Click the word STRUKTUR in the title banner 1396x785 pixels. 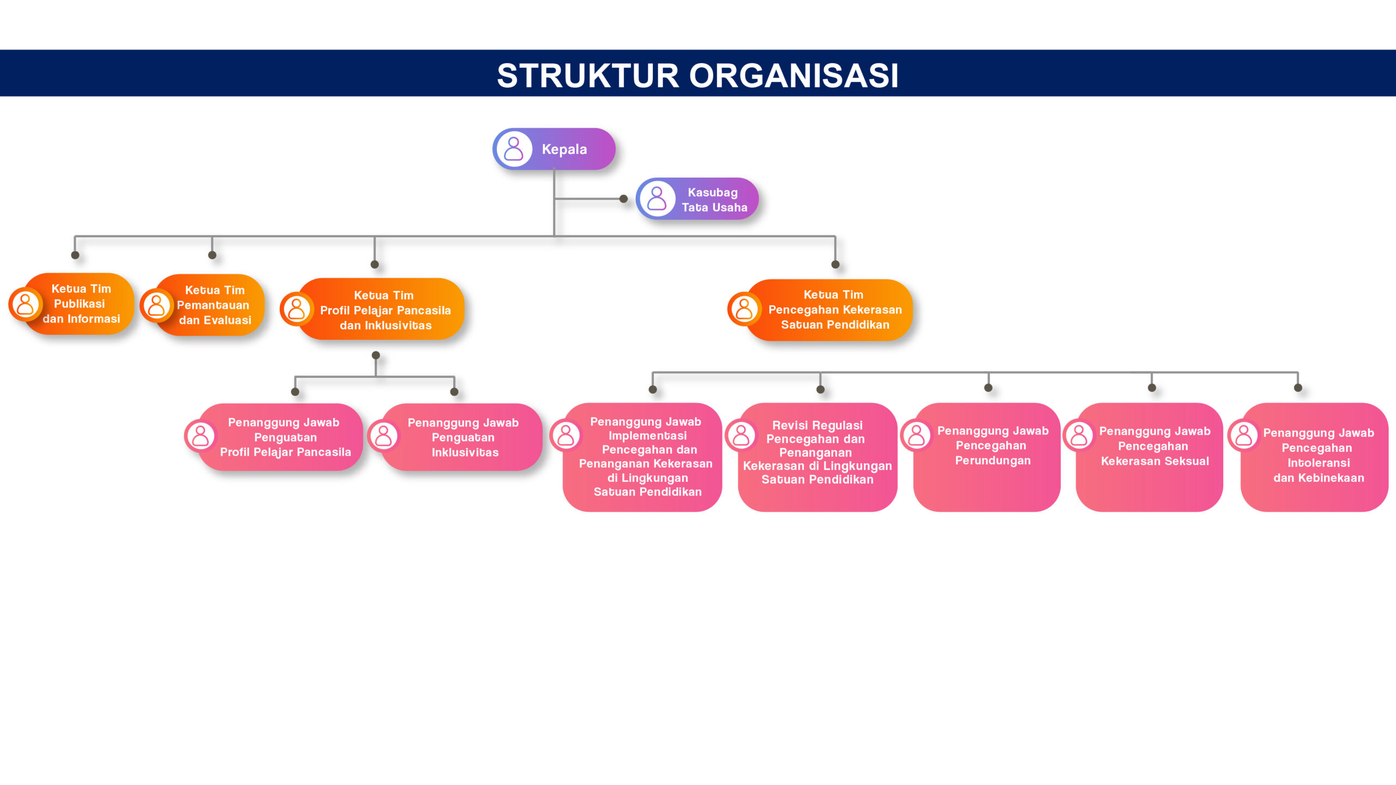pyautogui.click(x=588, y=75)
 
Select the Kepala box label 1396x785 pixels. pyautogui.click(x=564, y=149)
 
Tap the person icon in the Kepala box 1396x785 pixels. pyautogui.click(x=514, y=149)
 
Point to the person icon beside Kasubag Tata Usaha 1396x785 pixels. pyautogui.click(x=657, y=199)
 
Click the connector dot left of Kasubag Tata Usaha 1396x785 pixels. pyautogui.click(x=623, y=199)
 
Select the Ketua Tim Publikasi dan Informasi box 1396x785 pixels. pyautogui.click(x=71, y=304)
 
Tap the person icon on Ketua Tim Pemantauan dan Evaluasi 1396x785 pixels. pyautogui.click(x=157, y=305)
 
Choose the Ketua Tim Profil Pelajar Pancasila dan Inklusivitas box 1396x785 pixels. pyautogui.click(x=372, y=309)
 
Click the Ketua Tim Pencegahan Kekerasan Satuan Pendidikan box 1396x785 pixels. pyautogui.click(x=820, y=310)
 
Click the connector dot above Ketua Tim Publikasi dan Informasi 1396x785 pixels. pyautogui.click(x=75, y=255)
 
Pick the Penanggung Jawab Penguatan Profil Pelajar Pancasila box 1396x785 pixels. pyautogui.click(x=274, y=437)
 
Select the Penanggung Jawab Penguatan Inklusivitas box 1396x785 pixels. pyautogui.click(x=455, y=437)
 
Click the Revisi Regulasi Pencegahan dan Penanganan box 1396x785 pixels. pyautogui.click(x=811, y=457)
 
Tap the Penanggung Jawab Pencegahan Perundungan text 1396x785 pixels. pyautogui.click(x=992, y=445)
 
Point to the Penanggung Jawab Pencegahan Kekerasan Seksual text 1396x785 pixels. pyautogui.click(x=1154, y=446)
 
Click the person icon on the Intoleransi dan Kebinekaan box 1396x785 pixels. pyautogui.click(x=1244, y=435)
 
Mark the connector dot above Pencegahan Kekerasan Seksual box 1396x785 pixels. pyautogui.click(x=1152, y=388)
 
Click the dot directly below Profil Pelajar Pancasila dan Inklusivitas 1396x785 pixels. pyautogui.click(x=376, y=355)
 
